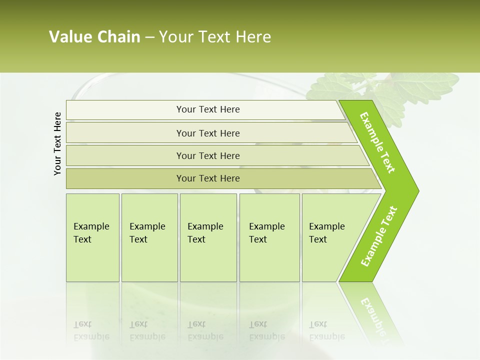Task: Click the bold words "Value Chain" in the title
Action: pyautogui.click(x=94, y=37)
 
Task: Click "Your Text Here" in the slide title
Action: pyautogui.click(x=215, y=37)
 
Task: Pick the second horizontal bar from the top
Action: pyautogui.click(x=208, y=133)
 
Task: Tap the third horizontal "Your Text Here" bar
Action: pyautogui.click(x=208, y=155)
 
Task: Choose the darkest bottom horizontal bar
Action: pyautogui.click(x=208, y=178)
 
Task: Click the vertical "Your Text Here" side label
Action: pyautogui.click(x=57, y=144)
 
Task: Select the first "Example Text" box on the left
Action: pyautogui.click(x=92, y=237)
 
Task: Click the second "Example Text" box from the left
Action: pyautogui.click(x=149, y=237)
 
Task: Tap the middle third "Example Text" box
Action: pyautogui.click(x=208, y=237)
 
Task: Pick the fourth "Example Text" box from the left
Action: pyautogui.click(x=269, y=237)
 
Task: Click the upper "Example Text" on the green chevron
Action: pyautogui.click(x=377, y=143)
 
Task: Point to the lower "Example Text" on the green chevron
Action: pyautogui.click(x=379, y=236)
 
